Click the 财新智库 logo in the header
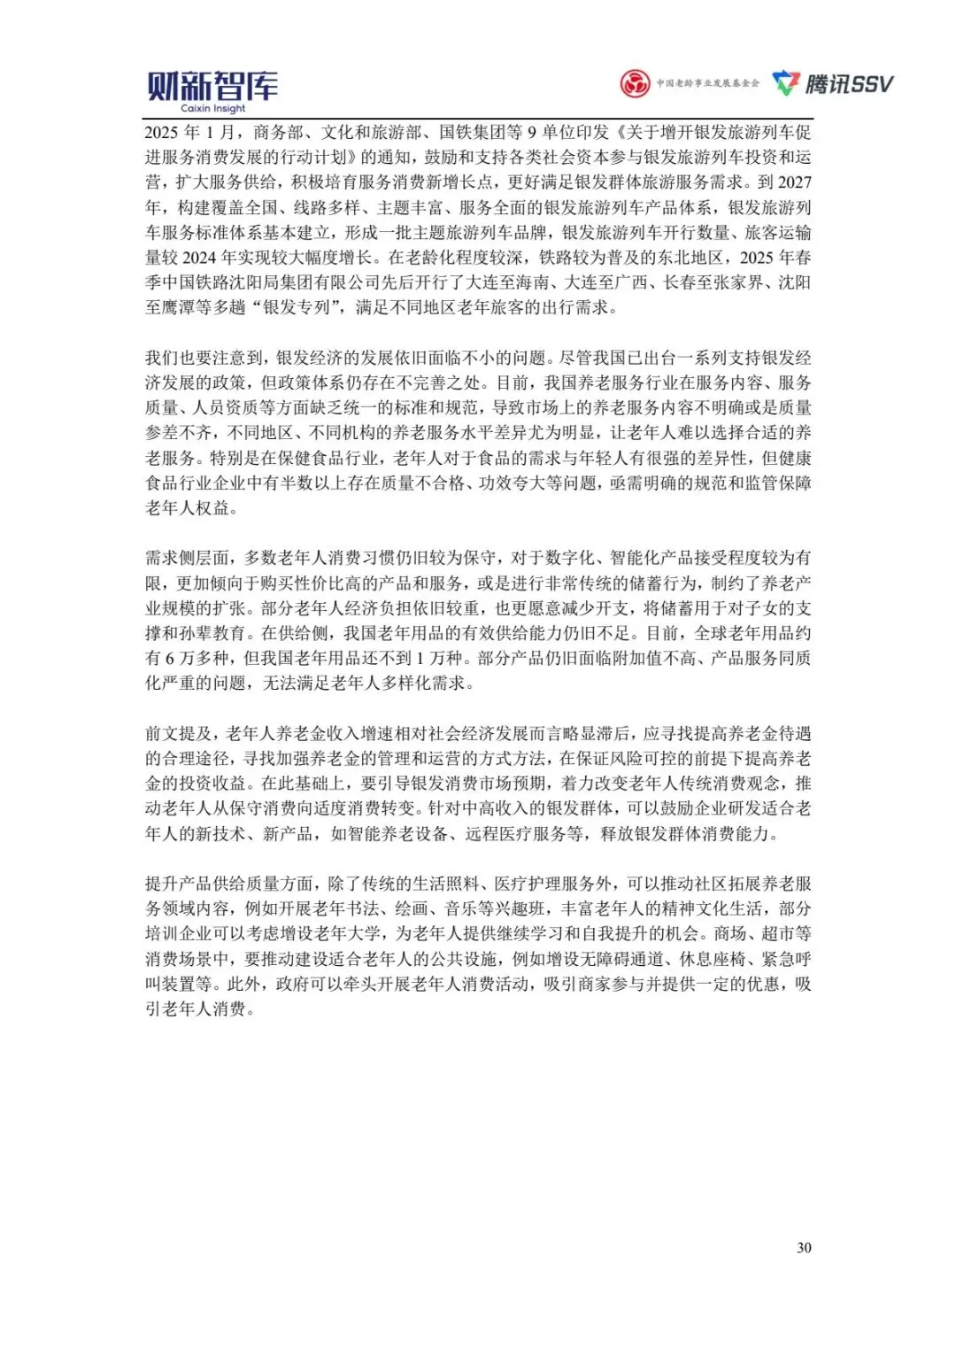pos(212,86)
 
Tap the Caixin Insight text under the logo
pos(213,109)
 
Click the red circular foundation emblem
pos(634,84)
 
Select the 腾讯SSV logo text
pos(849,84)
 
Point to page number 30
pos(804,1248)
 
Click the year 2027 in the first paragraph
pos(794,182)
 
